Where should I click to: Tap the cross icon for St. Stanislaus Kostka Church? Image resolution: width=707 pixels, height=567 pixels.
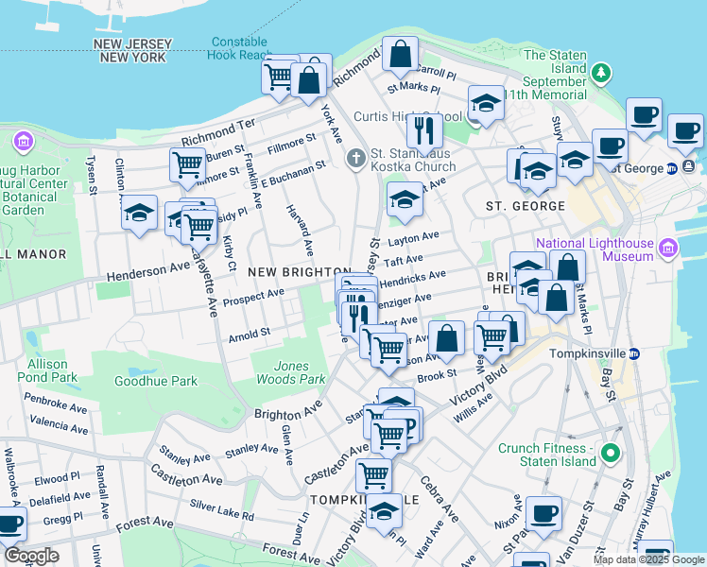355,158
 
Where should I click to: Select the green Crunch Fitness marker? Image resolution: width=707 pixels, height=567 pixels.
610,454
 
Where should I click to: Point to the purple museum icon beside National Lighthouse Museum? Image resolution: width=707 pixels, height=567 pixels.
669,249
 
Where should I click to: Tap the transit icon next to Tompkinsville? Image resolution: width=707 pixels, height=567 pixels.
635,353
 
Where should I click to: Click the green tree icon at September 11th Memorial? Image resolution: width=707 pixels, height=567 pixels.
599,74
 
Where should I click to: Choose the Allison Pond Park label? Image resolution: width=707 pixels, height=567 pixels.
47,370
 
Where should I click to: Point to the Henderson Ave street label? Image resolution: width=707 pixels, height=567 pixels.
148,270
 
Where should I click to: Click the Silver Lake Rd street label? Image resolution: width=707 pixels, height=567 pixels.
222,511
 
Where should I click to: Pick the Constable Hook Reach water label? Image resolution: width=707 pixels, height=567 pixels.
241,48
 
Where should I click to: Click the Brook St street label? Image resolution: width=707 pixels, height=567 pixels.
437,376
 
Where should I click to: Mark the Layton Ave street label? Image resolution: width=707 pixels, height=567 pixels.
413,236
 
